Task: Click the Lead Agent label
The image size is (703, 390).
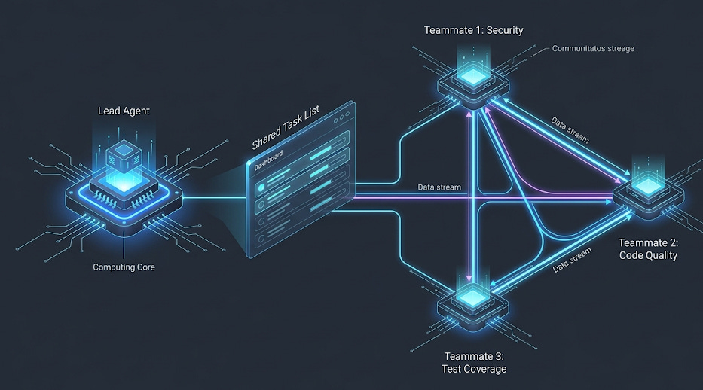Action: [124, 111]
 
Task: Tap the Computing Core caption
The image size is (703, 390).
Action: [124, 267]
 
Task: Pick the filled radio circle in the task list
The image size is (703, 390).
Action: [261, 184]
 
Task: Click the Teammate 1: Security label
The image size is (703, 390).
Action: [473, 30]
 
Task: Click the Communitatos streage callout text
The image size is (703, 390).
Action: [593, 49]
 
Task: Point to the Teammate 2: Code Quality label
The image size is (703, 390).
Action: [648, 249]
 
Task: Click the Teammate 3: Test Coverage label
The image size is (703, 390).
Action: [474, 362]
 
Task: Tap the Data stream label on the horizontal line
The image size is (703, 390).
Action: [439, 187]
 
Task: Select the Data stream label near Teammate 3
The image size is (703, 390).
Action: [570, 260]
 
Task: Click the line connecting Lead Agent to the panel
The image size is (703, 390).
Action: [215, 200]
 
